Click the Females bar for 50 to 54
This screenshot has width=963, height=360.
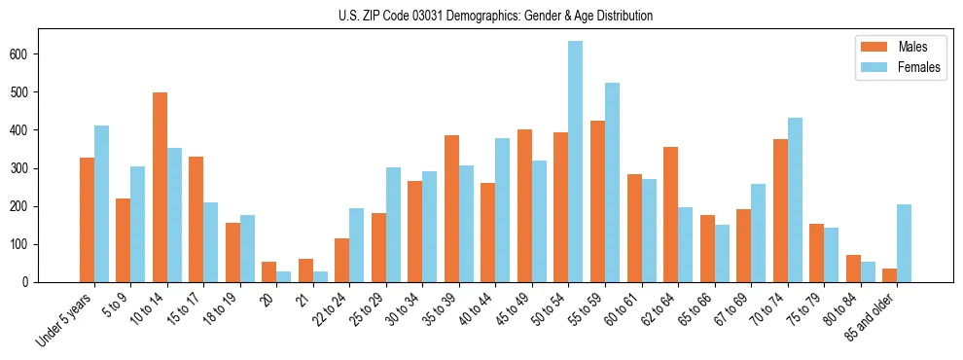tap(576, 162)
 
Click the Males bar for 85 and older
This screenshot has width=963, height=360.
tap(889, 275)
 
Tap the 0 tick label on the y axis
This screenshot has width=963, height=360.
tap(31, 282)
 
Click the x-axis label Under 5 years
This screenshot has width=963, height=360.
tap(66, 317)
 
